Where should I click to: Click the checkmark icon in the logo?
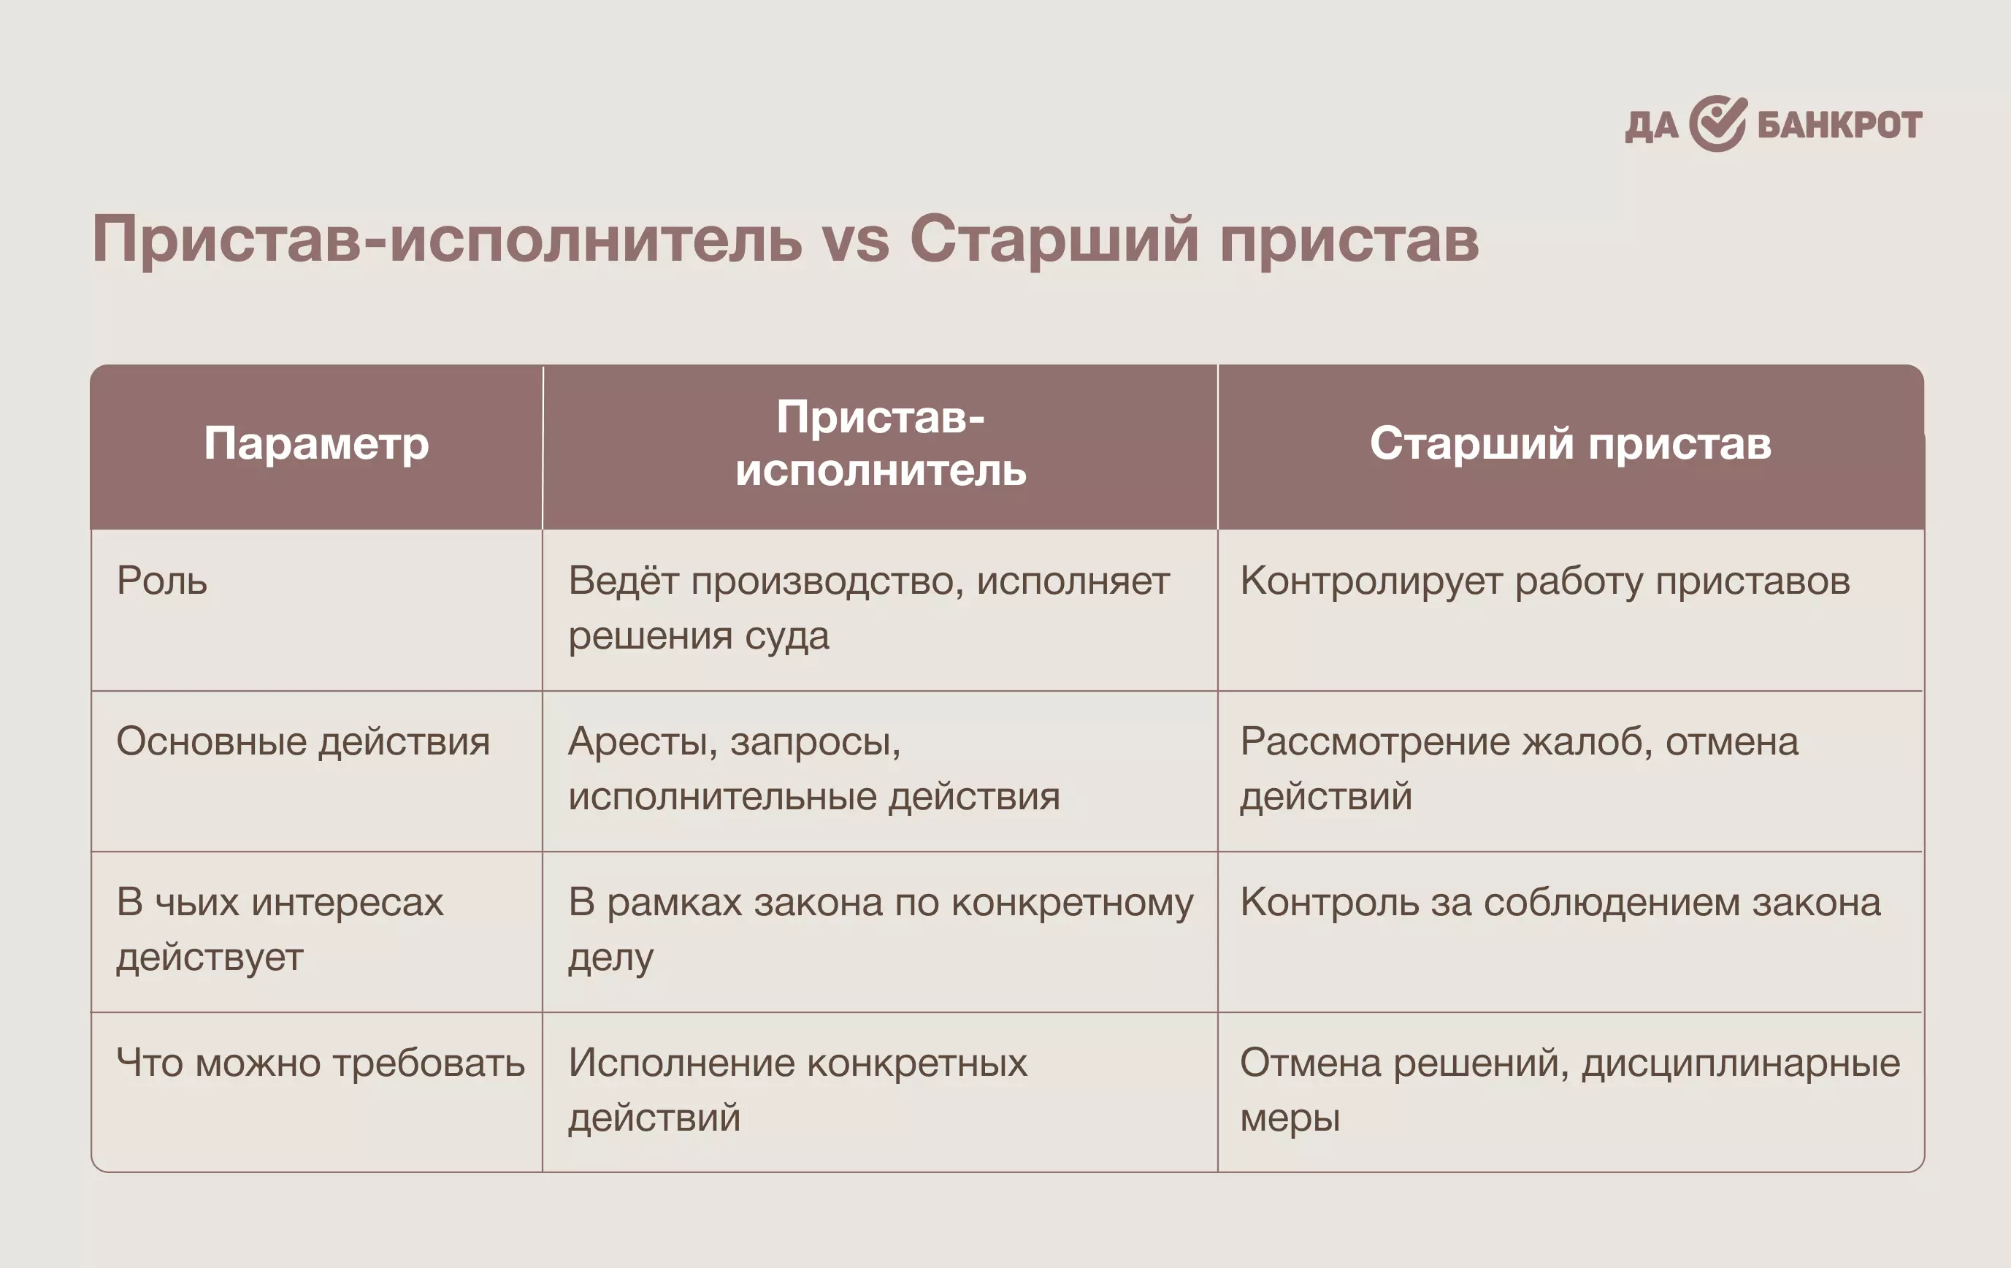1718,123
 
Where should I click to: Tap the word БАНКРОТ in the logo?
1840,126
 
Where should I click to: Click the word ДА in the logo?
1651,127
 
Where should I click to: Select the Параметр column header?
316,443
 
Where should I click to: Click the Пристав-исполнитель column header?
880,443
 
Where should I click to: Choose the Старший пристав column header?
1570,443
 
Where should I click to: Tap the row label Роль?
162,581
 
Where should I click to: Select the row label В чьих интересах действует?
280,930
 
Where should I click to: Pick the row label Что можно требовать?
321,1063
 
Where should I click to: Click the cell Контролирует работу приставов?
1545,581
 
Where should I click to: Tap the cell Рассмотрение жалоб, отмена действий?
1519,768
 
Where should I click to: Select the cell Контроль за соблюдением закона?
1560,902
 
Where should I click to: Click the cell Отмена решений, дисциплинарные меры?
1570,1090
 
